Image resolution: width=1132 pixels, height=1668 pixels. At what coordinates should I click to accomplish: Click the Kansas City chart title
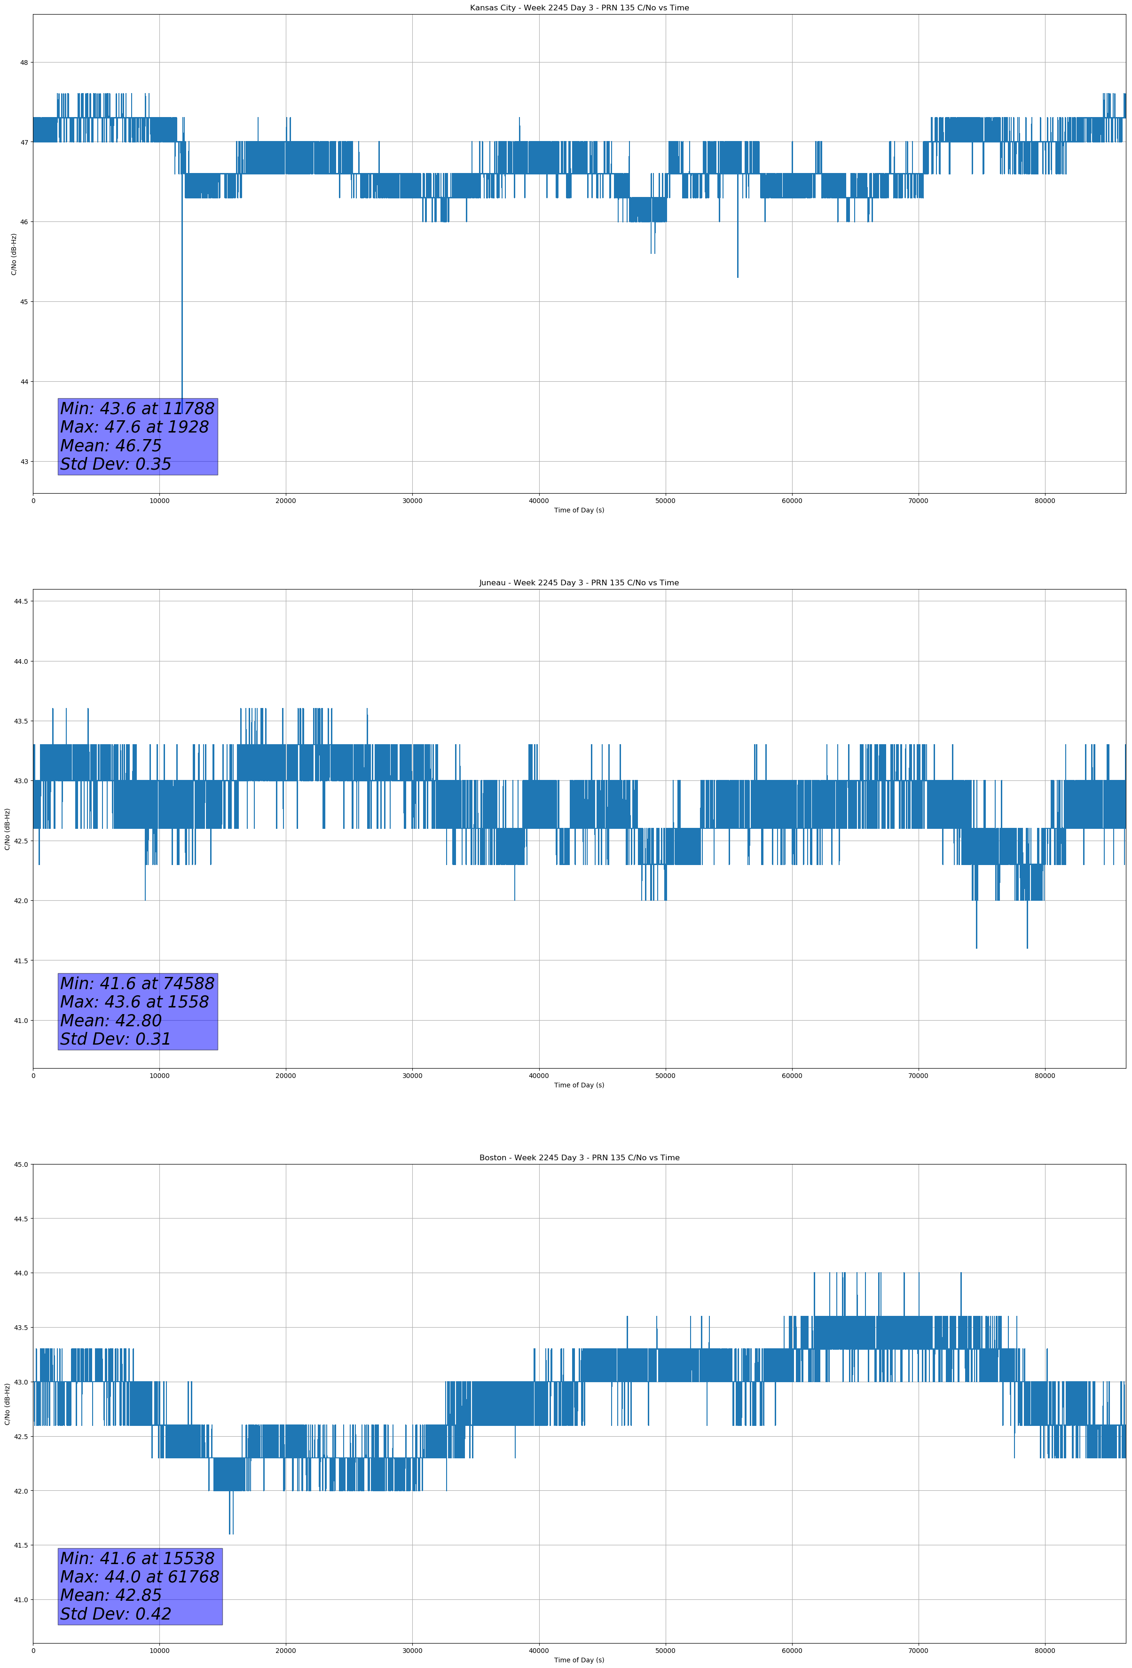pyautogui.click(x=579, y=8)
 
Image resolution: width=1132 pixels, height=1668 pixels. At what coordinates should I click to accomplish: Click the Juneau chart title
pyautogui.click(x=579, y=583)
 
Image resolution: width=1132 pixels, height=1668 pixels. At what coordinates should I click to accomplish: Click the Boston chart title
pyautogui.click(x=579, y=1158)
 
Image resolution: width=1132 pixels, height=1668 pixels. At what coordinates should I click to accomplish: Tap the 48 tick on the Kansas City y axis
pyautogui.click(x=24, y=63)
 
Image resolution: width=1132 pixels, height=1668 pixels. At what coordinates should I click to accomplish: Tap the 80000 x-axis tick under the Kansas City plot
pyautogui.click(x=1045, y=501)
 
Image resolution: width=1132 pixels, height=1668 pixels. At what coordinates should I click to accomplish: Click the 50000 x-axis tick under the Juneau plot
pyautogui.click(x=665, y=1076)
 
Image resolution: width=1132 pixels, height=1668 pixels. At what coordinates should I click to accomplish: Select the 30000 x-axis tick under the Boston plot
pyautogui.click(x=412, y=1651)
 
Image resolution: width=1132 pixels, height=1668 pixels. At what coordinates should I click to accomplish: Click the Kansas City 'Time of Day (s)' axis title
pyautogui.click(x=579, y=510)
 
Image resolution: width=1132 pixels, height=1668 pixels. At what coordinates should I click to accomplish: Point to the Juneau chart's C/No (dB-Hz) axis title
pyautogui.click(x=7, y=829)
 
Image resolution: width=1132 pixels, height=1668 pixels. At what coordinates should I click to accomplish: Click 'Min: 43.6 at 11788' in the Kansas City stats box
pyautogui.click(x=137, y=409)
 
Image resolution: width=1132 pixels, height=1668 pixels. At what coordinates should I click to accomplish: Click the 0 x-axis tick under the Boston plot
pyautogui.click(x=33, y=1651)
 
